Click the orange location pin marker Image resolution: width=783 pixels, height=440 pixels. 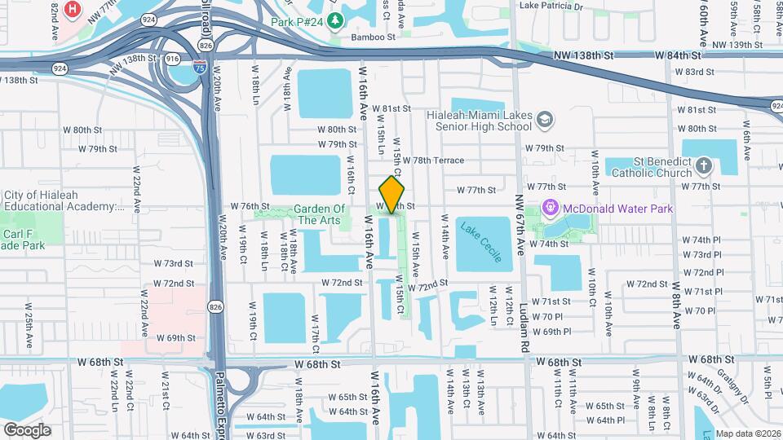coord(392,195)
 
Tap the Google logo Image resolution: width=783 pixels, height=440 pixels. coord(27,429)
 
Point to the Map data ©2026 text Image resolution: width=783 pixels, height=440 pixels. coord(748,433)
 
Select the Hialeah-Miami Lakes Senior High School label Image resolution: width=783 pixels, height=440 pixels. coord(479,121)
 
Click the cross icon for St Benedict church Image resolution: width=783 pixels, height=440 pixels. coord(705,167)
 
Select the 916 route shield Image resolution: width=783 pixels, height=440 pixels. coord(173,59)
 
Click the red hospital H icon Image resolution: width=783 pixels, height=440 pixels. coord(74,10)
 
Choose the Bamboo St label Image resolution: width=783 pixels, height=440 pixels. coord(373,37)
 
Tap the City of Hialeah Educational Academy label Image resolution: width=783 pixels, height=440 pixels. coord(63,201)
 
